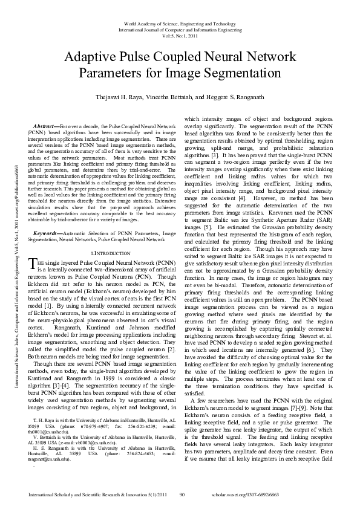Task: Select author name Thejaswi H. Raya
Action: pyautogui.click(x=121, y=97)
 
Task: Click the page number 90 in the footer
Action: pyautogui.click(x=182, y=495)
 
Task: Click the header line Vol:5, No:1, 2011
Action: pyautogui.click(x=180, y=36)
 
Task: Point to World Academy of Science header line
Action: pyautogui.click(x=180, y=22)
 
